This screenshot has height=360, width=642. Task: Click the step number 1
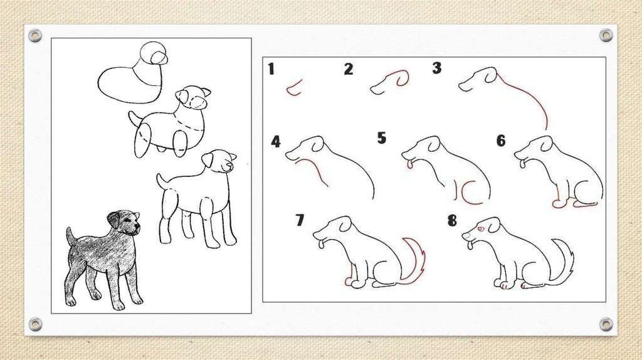click(271, 68)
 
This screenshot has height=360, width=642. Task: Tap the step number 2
click(349, 69)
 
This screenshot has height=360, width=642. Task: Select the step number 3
click(437, 68)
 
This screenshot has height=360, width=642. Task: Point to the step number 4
click(276, 142)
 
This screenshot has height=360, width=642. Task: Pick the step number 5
click(382, 137)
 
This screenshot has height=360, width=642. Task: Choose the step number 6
click(501, 140)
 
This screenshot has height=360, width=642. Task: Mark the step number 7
click(300, 220)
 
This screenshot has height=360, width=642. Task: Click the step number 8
click(452, 221)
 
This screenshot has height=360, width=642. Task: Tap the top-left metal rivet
click(35, 36)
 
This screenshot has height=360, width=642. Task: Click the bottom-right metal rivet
click(606, 325)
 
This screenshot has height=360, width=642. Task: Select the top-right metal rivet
click(606, 36)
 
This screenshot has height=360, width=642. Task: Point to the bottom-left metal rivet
click(35, 324)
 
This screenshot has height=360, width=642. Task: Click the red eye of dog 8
click(480, 230)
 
